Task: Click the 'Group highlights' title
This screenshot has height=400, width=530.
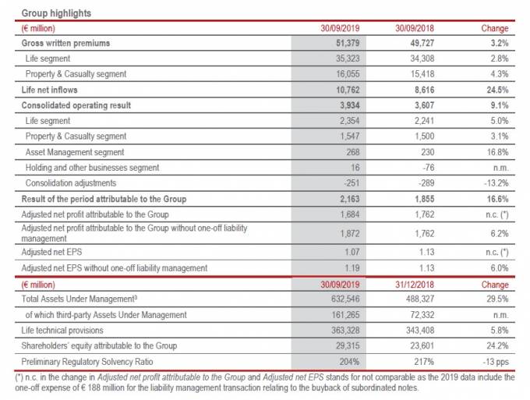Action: coord(57,13)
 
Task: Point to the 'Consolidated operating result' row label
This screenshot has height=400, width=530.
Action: coord(76,105)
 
